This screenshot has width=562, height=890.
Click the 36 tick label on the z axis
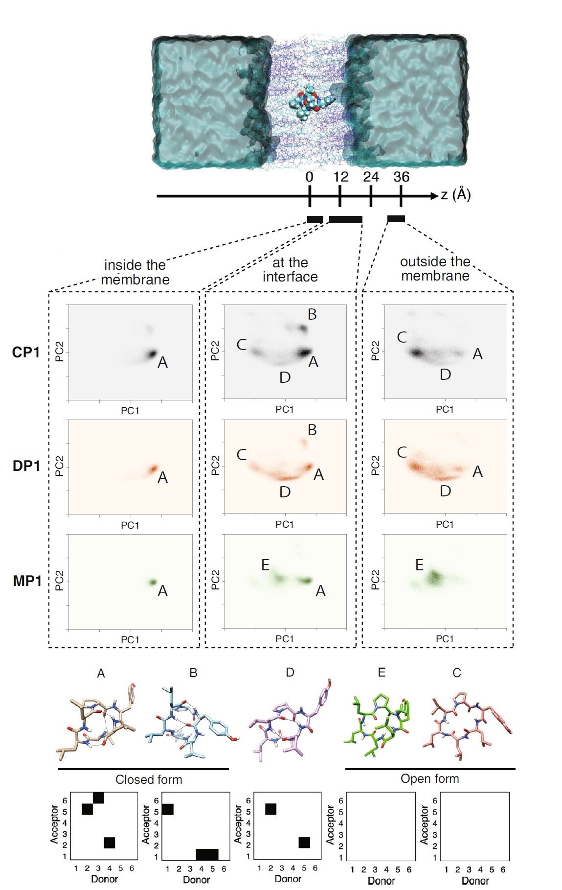tap(401, 176)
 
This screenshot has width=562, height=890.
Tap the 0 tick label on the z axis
tap(309, 176)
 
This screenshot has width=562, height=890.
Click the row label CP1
tap(26, 352)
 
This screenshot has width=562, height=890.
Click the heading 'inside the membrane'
tap(135, 272)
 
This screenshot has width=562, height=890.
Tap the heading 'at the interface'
tap(290, 270)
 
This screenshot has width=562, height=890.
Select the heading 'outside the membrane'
tap(435, 269)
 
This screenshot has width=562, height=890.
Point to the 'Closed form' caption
tap(149, 779)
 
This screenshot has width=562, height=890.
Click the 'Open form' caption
tap(430, 778)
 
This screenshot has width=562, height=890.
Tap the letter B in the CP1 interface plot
tap(312, 314)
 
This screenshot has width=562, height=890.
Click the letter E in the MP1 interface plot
tap(265, 565)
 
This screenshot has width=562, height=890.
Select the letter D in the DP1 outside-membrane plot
tap(445, 491)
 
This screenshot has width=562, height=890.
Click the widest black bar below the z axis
tap(346, 219)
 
